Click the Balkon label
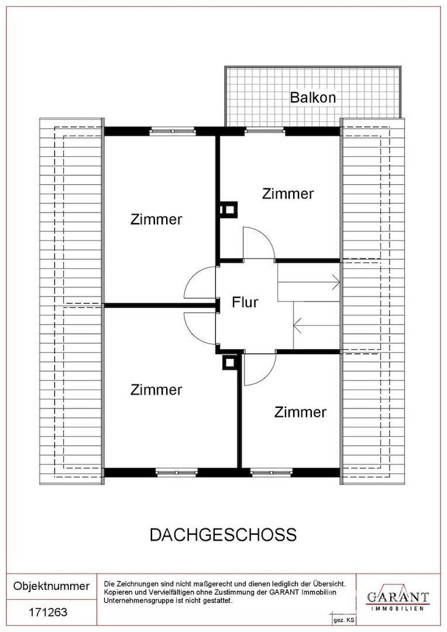313,97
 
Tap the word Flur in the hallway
245,303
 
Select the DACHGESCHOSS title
223,535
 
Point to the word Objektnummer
51,586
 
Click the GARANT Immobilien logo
397,598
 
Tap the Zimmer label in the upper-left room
156,219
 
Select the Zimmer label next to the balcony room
288,193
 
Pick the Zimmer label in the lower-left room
156,389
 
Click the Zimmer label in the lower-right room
300,412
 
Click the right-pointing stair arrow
335,282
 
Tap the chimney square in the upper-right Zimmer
228,209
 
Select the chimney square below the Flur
228,363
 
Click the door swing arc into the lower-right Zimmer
259,372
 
